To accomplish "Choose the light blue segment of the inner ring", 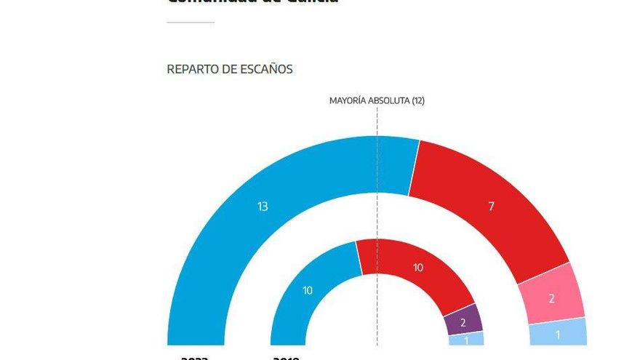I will (x=466, y=339).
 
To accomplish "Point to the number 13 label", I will (x=263, y=207).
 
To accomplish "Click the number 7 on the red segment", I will (x=491, y=207).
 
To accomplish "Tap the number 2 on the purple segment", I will (x=463, y=321).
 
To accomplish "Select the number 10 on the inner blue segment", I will (x=308, y=291).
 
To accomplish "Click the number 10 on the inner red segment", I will (x=417, y=268).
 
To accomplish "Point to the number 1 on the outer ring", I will (x=557, y=335).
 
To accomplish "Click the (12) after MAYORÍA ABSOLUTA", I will (x=417, y=100).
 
